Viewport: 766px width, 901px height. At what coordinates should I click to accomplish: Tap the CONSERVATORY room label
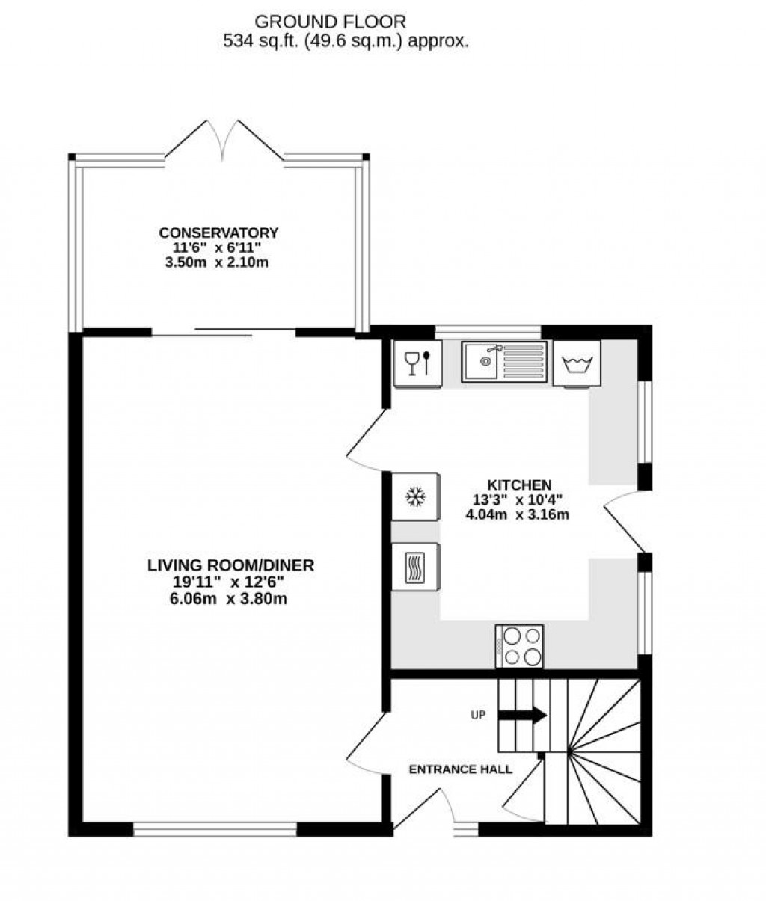[218, 233]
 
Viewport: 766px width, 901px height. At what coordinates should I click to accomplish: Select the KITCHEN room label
[520, 485]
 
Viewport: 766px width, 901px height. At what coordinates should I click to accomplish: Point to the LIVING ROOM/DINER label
[230, 565]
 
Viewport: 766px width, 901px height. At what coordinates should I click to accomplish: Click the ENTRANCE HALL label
[460, 769]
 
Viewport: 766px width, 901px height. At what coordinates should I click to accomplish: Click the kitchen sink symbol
[505, 362]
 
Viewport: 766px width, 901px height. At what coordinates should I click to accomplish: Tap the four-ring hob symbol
[519, 646]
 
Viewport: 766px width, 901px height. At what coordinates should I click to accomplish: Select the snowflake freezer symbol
[414, 496]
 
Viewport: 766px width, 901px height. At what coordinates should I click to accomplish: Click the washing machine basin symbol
[577, 364]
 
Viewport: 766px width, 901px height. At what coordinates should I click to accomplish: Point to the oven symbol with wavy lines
[414, 567]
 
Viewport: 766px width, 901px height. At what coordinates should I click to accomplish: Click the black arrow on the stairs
[523, 716]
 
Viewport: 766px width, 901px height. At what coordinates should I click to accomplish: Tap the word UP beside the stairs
[478, 716]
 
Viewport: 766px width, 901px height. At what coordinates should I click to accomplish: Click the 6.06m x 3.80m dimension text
[229, 598]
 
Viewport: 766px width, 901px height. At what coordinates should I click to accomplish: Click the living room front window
[215, 828]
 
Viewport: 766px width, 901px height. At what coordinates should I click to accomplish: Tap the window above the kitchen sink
[488, 332]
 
